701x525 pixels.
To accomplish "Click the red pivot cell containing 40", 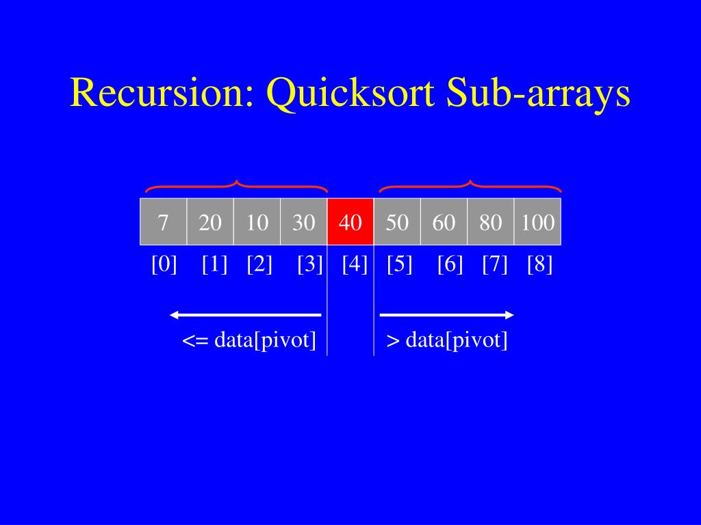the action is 350,221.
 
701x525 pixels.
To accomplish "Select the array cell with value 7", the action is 163,221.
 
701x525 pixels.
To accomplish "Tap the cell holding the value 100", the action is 537,221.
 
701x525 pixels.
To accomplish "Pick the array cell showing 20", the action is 210,221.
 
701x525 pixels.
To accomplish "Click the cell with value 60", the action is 444,221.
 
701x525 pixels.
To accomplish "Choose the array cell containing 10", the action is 257,221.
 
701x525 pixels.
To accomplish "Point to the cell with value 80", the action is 490,221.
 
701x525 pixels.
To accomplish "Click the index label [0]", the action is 164,264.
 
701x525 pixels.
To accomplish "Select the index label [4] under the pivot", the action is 355,264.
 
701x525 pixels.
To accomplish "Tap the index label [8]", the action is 539,264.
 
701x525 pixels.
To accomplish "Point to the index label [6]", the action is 450,264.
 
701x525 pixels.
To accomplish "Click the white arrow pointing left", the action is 246,314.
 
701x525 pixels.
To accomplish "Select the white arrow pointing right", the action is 446,314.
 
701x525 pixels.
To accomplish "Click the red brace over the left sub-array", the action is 236,186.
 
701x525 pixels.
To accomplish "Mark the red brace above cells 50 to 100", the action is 470,186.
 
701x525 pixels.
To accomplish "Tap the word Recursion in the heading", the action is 162,94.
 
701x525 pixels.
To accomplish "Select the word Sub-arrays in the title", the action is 538,94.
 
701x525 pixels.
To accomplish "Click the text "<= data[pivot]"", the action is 249,340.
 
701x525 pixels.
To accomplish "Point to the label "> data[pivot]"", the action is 447,340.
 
